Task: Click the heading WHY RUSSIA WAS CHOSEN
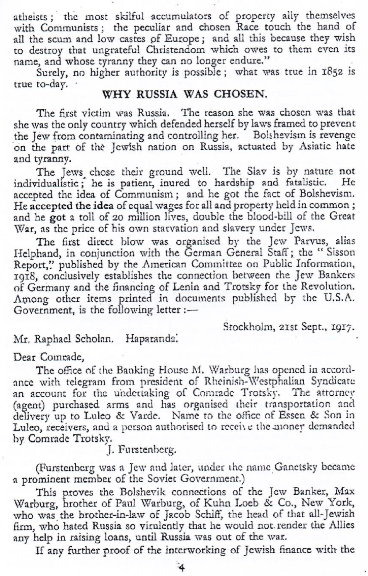pos(184,94)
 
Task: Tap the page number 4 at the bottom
pos(181,568)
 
